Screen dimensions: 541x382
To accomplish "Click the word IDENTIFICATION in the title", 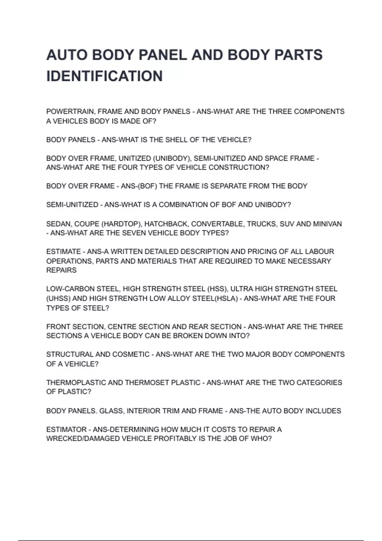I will (x=104, y=76).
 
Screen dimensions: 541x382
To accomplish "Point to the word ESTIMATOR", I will (x=66, y=430).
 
